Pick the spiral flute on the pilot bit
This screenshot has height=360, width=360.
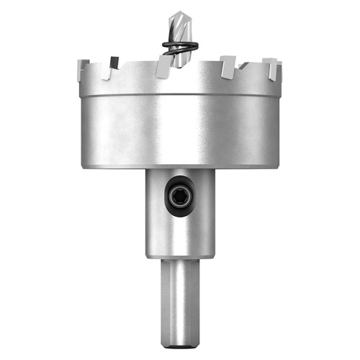[x=177, y=29]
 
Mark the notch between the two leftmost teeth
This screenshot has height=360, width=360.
[x=97, y=72]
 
